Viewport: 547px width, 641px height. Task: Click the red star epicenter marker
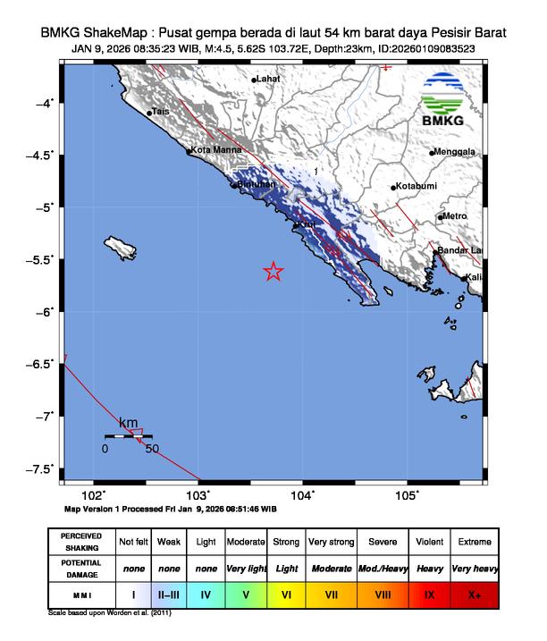[273, 272]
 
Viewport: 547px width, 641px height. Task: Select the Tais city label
[161, 112]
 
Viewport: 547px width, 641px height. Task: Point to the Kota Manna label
[215, 151]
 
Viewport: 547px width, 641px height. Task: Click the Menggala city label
[457, 152]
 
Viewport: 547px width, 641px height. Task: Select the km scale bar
[128, 436]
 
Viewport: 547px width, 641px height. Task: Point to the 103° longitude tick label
[198, 493]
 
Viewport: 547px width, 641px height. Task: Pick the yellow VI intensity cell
[287, 593]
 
